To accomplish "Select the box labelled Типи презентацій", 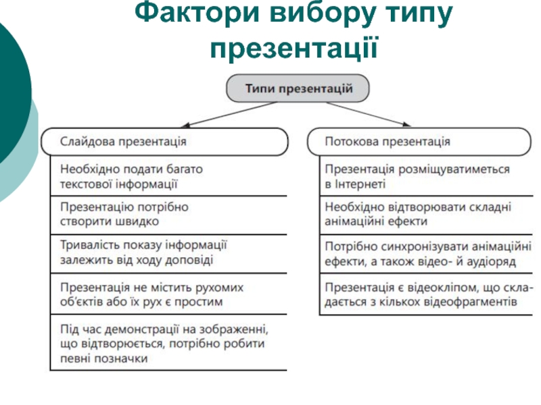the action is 298,88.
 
